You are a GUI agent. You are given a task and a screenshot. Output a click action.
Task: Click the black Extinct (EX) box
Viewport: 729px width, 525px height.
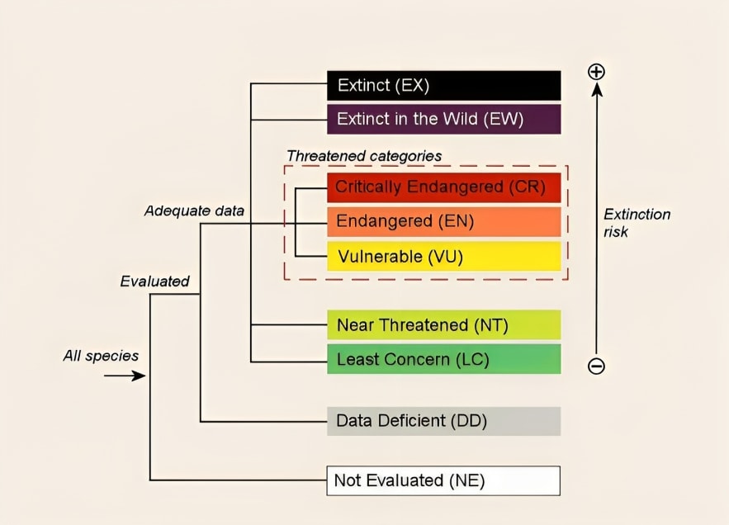443,85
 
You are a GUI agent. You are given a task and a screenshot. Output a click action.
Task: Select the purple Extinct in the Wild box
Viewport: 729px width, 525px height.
443,119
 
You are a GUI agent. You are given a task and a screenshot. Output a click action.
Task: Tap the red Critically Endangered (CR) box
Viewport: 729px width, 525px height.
443,187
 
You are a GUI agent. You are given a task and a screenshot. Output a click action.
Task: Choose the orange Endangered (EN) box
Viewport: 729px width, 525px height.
443,221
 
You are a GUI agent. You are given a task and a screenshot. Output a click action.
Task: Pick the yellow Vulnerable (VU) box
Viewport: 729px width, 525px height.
443,256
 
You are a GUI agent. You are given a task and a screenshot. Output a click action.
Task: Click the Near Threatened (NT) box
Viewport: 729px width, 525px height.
443,325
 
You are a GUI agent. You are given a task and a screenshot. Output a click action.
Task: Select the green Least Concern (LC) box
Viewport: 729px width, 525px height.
443,359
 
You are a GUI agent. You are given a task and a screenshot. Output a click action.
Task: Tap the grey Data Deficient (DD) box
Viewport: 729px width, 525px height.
443,421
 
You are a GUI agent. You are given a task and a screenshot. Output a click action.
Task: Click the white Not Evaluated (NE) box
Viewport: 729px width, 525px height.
443,480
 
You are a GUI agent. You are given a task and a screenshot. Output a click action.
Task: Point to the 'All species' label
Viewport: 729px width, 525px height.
101,357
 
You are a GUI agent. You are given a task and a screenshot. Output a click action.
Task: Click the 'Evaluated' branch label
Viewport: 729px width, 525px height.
154,281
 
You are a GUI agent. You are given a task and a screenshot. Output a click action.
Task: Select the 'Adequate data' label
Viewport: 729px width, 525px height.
194,210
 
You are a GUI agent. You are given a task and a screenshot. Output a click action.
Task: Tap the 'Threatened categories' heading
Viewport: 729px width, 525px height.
364,155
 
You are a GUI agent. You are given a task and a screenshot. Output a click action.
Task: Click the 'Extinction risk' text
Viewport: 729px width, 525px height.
637,223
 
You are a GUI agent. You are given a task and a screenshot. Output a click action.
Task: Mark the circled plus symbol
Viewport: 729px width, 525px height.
596,72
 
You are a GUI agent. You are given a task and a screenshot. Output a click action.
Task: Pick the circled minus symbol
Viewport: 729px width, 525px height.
596,366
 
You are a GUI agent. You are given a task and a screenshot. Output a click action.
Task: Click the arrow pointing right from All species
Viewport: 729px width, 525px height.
125,376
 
